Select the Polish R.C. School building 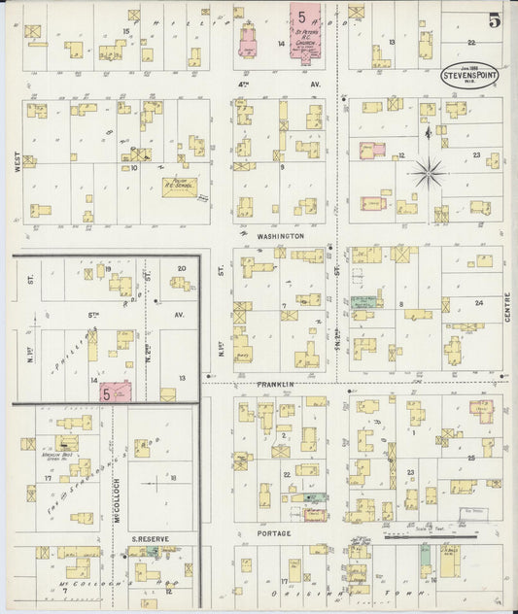click(179, 185)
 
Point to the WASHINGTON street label click(281, 236)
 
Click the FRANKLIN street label click(276, 385)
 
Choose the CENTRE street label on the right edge click(507, 310)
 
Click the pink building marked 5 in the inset click(115, 392)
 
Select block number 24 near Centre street click(478, 302)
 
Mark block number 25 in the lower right click(470, 456)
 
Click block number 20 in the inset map click(181, 268)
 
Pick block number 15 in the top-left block click(125, 31)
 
